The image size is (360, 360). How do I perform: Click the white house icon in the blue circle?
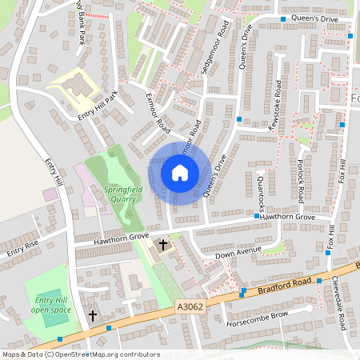[x=180, y=173]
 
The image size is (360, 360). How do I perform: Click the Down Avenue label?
[x=238, y=253]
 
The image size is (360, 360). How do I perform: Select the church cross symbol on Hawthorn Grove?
[x=164, y=244]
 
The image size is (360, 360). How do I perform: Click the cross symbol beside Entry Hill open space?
[x=92, y=316]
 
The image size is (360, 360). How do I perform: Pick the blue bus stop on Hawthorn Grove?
[x=257, y=217]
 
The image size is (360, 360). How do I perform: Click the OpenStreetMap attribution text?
[x=80, y=354]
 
